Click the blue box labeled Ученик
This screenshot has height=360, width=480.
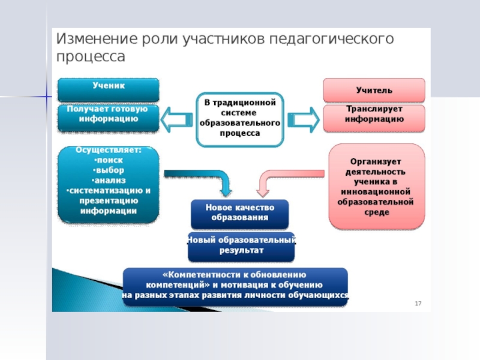[109, 89]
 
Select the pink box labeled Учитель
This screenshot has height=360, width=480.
[374, 90]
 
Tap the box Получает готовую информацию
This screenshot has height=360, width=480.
[109, 118]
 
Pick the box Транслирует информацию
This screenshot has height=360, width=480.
[374, 118]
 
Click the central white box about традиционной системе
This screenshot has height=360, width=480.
[239, 119]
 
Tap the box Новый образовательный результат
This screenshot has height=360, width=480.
[241, 246]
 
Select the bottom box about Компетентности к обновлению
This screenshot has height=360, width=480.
[236, 286]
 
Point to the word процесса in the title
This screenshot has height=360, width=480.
[91, 57]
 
